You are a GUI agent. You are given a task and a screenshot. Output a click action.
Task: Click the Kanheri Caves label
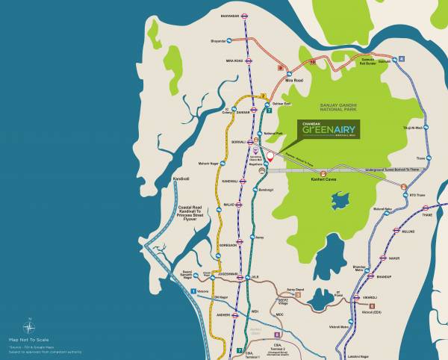pyautogui.click(x=324, y=180)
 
